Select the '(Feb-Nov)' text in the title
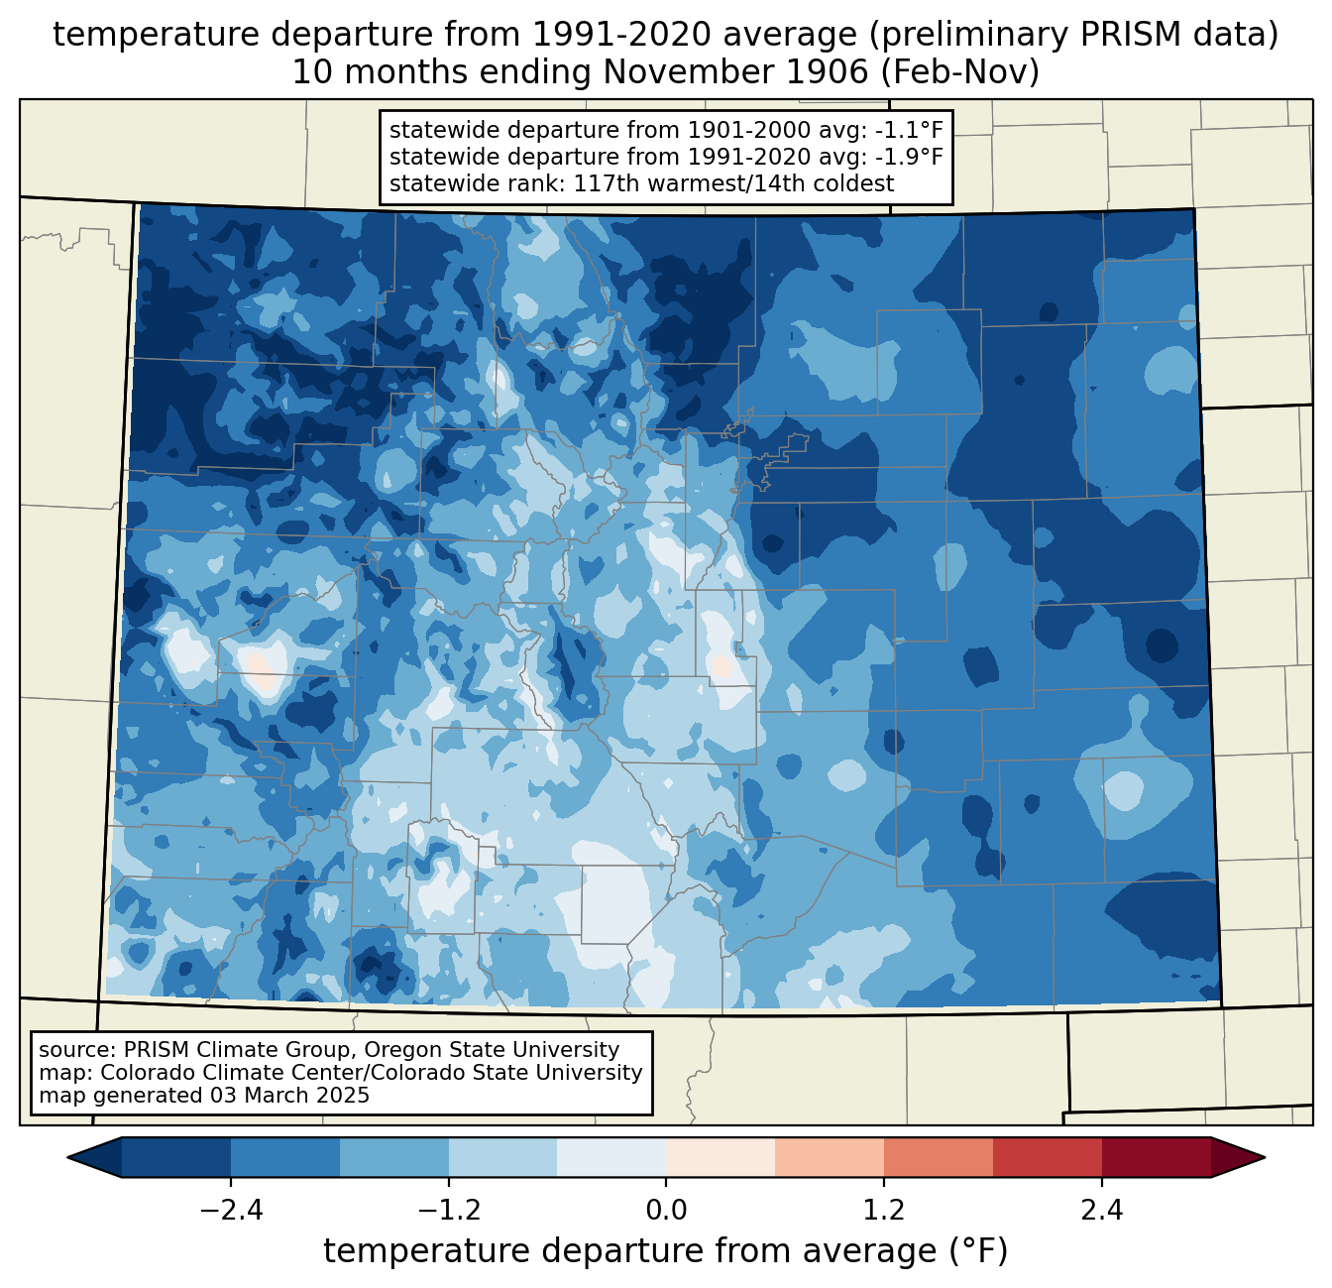[959, 72]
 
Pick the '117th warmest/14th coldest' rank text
[733, 183]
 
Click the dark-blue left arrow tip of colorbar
[68, 1158]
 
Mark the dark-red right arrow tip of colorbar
[1264, 1158]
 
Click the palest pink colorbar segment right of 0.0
[721, 1158]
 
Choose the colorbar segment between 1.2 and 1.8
[939, 1158]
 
